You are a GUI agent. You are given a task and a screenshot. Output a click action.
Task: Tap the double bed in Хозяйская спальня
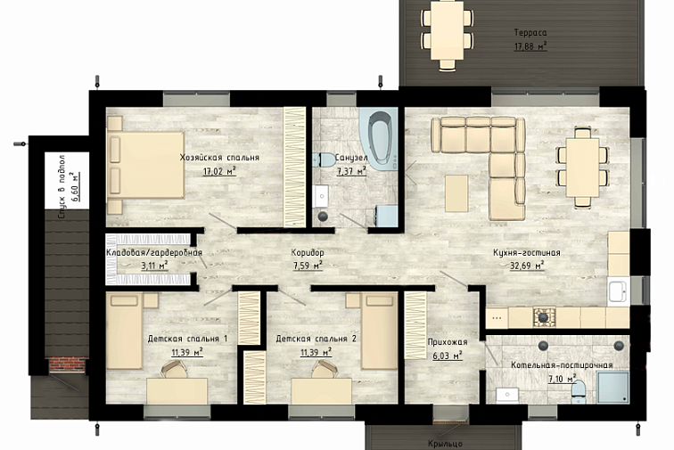click(145, 166)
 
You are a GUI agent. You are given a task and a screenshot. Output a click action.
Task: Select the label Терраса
click(530, 33)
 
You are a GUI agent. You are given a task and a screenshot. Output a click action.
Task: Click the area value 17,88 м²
click(530, 46)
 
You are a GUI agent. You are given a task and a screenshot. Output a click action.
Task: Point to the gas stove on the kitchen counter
click(544, 317)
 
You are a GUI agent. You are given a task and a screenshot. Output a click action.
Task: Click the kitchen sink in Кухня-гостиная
click(619, 290)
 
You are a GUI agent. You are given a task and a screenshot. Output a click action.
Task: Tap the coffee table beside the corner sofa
click(456, 193)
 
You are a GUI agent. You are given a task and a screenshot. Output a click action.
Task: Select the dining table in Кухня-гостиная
click(582, 168)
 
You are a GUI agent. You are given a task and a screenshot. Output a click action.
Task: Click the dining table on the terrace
click(447, 30)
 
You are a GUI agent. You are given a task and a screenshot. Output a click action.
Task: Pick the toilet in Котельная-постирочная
click(578, 390)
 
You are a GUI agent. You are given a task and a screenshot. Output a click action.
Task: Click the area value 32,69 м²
click(527, 266)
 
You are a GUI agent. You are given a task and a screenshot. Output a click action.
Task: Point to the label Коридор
click(308, 253)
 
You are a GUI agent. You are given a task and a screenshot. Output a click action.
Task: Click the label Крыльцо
click(446, 443)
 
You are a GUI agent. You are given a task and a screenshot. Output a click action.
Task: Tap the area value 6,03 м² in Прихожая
click(448, 356)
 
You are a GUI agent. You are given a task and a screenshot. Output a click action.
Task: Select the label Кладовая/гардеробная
click(154, 253)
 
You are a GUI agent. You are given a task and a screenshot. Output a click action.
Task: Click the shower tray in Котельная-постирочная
click(613, 388)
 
